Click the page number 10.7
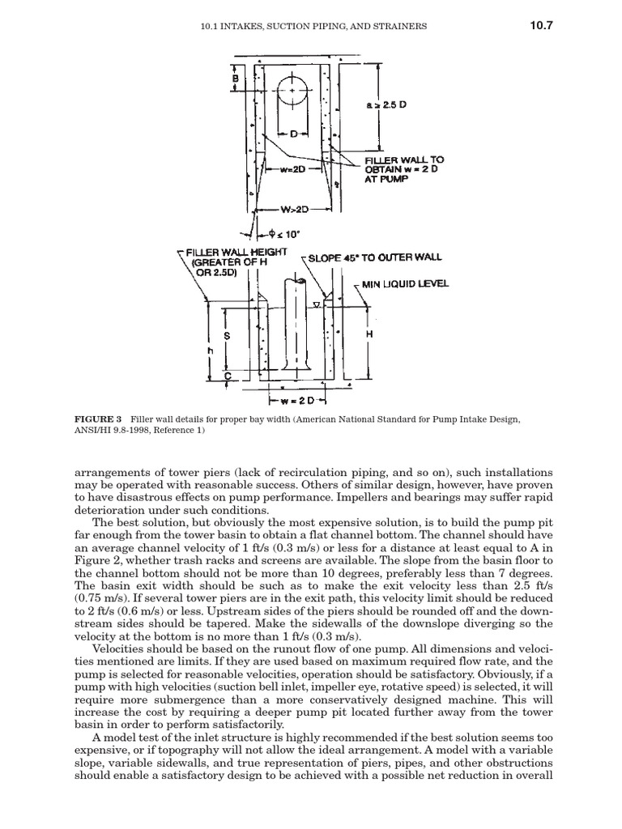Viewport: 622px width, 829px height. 541,26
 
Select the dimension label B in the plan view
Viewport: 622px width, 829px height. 235,79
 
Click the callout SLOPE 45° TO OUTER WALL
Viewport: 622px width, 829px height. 375,257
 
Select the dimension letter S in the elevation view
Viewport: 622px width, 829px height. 228,335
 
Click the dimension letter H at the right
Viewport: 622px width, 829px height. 369,334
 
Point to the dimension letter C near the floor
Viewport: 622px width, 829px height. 228,376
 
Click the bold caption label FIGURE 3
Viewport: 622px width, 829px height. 98,419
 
